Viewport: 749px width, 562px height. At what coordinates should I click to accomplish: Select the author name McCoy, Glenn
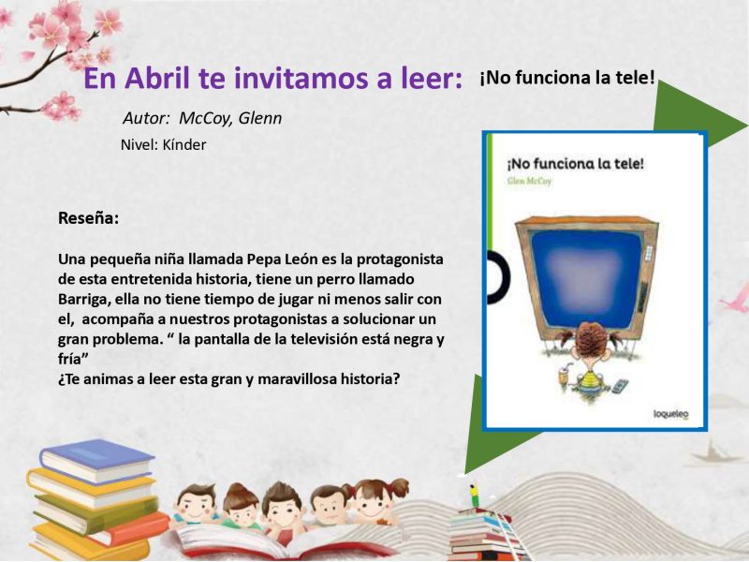tap(230, 118)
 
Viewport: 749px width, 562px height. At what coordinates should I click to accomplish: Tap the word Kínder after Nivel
tap(184, 145)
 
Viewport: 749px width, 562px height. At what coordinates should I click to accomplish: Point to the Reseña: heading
tap(88, 218)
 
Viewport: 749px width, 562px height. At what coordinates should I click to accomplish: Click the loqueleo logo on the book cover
tap(670, 414)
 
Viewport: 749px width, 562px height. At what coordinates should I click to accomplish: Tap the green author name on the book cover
tap(529, 181)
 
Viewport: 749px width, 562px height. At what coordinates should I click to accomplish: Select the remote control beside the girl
tap(619, 386)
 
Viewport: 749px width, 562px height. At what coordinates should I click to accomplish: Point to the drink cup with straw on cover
tap(564, 374)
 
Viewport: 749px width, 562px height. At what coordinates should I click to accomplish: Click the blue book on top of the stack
tap(97, 459)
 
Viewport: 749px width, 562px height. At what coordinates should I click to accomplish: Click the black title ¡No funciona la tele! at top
tap(567, 78)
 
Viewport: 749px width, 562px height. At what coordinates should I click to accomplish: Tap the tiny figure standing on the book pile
tap(473, 495)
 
